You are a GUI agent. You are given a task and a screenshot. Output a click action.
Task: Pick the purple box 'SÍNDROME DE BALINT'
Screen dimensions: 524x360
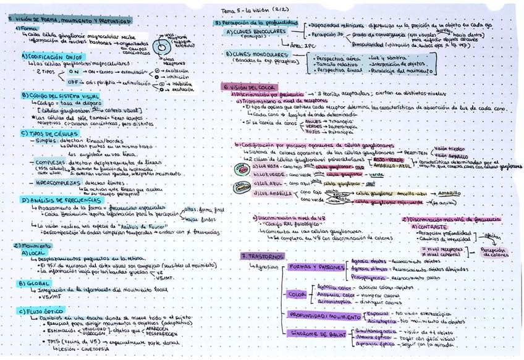[x=321, y=333]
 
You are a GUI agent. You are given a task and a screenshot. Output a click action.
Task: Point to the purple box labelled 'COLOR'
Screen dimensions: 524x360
[x=295, y=295]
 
